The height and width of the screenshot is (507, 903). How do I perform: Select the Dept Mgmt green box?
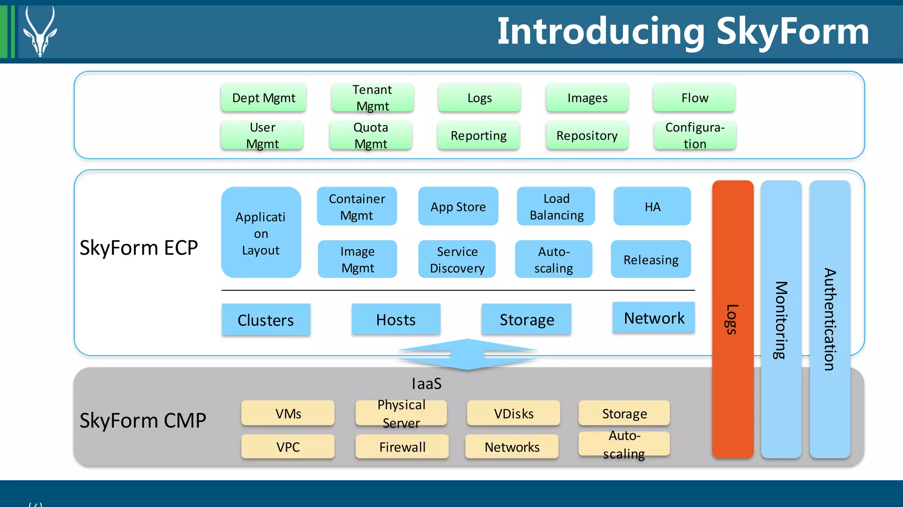(x=263, y=98)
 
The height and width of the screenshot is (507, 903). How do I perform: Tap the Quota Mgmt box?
(x=371, y=135)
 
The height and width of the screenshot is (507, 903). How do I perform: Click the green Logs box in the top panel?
(x=479, y=98)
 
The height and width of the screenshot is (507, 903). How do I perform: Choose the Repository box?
(x=587, y=135)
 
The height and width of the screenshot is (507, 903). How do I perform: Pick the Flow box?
(x=694, y=98)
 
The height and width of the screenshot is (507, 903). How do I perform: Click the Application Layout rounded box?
(x=261, y=233)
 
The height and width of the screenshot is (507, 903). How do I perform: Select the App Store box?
(x=458, y=207)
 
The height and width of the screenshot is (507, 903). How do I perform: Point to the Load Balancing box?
(x=556, y=207)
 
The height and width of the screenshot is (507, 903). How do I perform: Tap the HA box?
(x=652, y=207)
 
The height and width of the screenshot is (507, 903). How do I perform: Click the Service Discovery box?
(x=457, y=259)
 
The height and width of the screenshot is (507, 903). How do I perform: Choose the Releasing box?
(x=651, y=259)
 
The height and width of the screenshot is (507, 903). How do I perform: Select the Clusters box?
(x=266, y=320)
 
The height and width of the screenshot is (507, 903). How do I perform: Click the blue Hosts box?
(x=396, y=319)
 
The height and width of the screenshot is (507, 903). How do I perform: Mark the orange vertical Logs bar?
(x=732, y=319)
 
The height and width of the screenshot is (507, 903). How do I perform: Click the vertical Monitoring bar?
(x=781, y=319)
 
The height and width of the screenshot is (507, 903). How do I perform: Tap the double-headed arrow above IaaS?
(x=467, y=354)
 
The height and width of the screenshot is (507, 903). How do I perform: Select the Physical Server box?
(x=401, y=413)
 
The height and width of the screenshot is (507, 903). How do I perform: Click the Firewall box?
(x=402, y=447)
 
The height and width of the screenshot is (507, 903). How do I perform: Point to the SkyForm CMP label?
(x=142, y=420)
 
